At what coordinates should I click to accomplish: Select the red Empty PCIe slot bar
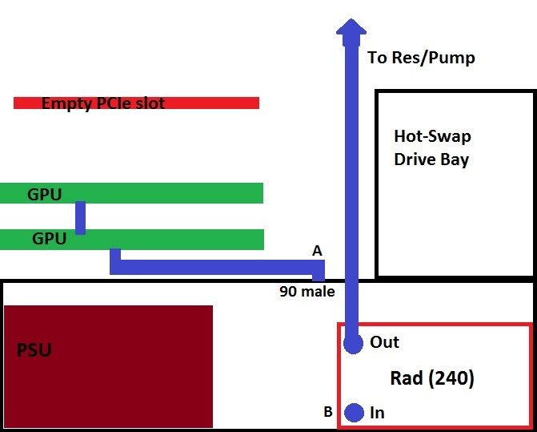[224, 103]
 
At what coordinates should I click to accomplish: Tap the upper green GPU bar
[176, 193]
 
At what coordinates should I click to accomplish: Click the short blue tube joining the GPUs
[80, 216]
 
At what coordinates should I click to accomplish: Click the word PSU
[34, 350]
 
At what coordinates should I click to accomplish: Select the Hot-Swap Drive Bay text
[431, 147]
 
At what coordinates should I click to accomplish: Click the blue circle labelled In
[355, 413]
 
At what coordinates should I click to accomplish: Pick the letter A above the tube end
[317, 251]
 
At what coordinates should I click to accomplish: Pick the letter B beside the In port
[327, 413]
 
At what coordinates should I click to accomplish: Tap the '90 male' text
[307, 291]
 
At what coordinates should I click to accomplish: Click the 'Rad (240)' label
[431, 377]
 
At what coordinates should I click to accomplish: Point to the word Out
[384, 342]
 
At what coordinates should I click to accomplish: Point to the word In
[378, 413]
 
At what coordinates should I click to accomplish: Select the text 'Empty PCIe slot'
[103, 103]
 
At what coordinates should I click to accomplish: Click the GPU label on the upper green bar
[45, 193]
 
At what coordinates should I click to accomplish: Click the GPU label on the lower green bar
[50, 238]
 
